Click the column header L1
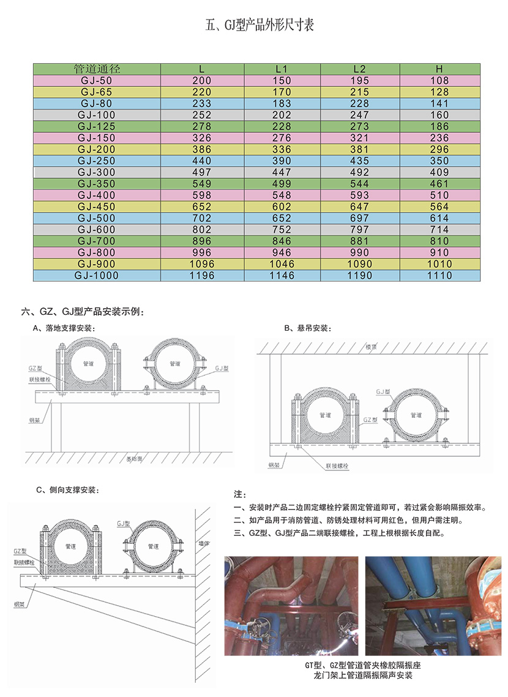(x=282, y=69)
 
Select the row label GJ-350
(x=97, y=184)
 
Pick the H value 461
(x=439, y=184)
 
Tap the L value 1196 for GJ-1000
(x=202, y=276)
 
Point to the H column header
(x=439, y=69)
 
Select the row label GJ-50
(x=97, y=80)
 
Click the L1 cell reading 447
(x=282, y=172)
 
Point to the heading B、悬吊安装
(x=309, y=328)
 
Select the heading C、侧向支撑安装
(x=67, y=490)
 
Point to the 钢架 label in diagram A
(x=35, y=421)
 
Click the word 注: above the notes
(x=239, y=494)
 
